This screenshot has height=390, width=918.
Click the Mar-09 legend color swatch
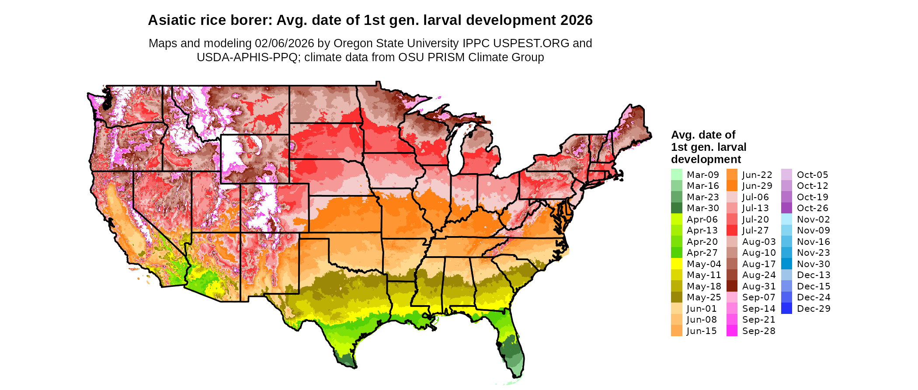676,174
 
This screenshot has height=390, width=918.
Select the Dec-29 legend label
813,308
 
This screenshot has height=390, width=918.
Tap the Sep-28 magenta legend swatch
732,331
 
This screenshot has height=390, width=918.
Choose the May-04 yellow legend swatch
676,264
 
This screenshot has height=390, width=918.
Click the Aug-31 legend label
758,286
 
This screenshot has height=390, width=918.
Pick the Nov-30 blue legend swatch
786,264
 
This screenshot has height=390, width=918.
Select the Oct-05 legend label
812,174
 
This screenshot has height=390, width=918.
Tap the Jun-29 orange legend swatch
732,186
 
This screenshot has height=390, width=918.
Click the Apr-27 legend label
702,253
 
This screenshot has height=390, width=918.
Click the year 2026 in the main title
574,20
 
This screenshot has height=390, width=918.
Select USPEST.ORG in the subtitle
531,43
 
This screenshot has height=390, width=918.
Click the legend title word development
706,159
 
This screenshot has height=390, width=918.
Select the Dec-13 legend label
813,275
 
